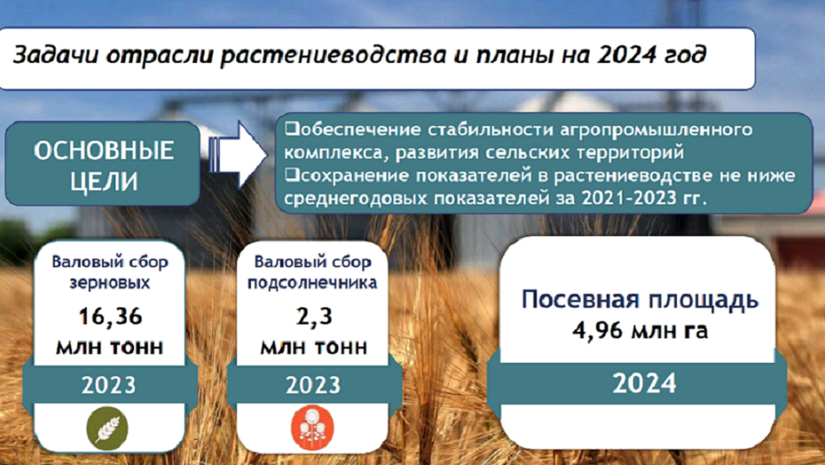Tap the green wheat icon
tap(107, 428)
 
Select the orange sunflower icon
tap(312, 427)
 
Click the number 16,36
tap(110, 316)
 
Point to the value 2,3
tap(314, 316)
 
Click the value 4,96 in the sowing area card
tap(597, 331)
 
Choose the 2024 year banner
tap(644, 383)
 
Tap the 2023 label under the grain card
tap(109, 385)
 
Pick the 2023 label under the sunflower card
tap(314, 385)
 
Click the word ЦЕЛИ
tap(104, 181)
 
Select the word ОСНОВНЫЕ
tap(104, 151)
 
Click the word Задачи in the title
tap(56, 56)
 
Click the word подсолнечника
tap(312, 284)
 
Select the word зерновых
tap(110, 283)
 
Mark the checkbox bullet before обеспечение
tap(292, 128)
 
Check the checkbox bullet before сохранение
tap(292, 175)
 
